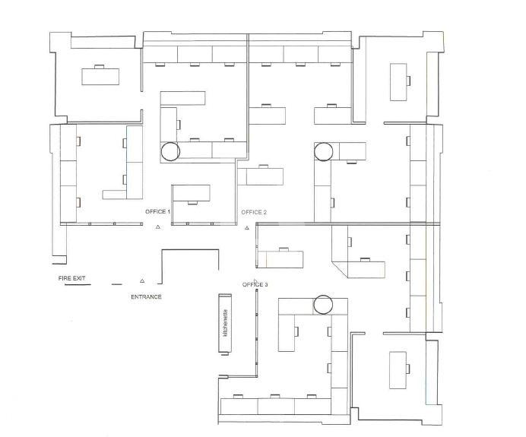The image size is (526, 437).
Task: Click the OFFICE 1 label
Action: pos(157,211)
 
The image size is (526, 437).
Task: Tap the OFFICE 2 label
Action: pos(254,212)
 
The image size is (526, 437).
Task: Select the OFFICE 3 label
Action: pos(255,285)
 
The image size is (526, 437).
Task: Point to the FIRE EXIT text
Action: pos(71,278)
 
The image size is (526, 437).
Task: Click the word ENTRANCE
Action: pos(146,297)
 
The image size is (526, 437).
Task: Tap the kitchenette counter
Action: pos(225,323)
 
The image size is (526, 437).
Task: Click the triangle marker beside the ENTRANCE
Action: pos(142,280)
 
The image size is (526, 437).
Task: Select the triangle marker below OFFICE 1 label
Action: pos(157,227)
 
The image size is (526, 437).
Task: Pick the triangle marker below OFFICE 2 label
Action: pos(247,228)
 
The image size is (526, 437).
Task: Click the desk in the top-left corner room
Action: pos(100,77)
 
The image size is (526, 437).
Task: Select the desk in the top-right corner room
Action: pos(398,82)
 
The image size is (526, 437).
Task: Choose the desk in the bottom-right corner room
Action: pos(398,370)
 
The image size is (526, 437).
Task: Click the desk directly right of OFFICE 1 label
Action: pos(192,193)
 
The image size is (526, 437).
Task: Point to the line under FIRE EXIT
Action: pos(78,285)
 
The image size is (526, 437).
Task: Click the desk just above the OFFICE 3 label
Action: pos(280,259)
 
